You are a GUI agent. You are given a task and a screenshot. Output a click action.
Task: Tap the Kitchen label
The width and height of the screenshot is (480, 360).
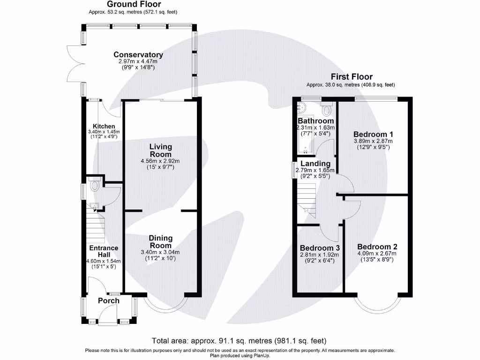[104, 126]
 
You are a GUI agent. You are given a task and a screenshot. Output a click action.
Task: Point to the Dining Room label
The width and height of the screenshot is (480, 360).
[161, 242]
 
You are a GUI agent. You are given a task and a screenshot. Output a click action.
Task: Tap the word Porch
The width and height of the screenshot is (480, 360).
[108, 300]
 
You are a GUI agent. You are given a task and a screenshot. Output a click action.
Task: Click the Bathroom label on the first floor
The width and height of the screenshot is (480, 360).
[316, 121]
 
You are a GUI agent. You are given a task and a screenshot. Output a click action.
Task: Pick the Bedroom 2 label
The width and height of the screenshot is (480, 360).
[377, 247]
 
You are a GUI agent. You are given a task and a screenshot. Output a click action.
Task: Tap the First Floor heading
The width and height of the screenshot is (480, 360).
[352, 77]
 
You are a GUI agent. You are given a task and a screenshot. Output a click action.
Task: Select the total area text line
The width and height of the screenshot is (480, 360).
[239, 341]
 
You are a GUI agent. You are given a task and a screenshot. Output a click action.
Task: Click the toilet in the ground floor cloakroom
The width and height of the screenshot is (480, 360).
[94, 186]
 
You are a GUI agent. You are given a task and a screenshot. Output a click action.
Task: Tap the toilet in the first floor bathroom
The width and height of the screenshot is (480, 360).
[327, 109]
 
